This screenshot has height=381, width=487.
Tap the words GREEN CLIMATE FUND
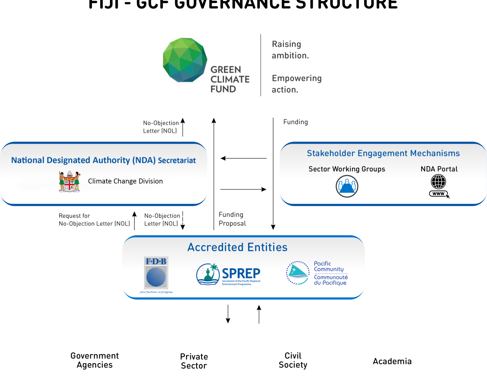click(230, 79)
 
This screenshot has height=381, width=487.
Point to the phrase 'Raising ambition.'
click(290, 50)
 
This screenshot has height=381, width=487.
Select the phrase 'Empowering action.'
click(296, 84)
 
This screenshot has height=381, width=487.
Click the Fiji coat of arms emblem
click(70, 182)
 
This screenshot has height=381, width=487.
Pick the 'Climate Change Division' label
click(125, 181)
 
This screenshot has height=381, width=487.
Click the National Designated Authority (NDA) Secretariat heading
click(103, 160)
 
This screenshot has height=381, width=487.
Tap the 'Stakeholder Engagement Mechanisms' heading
click(383, 154)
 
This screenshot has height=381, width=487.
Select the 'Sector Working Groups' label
click(347, 169)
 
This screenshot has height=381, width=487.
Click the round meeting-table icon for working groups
click(347, 186)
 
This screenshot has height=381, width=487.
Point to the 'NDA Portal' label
click(439, 169)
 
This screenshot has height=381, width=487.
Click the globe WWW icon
click(439, 186)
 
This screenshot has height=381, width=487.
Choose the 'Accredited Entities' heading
click(237, 247)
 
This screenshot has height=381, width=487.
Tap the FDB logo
click(156, 274)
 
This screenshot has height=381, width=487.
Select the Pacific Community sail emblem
click(298, 273)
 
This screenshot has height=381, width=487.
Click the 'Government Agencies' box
click(95, 360)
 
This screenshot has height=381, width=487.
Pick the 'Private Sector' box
click(194, 361)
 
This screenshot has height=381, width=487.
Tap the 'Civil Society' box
click(293, 360)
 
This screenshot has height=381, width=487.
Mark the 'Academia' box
click(392, 361)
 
